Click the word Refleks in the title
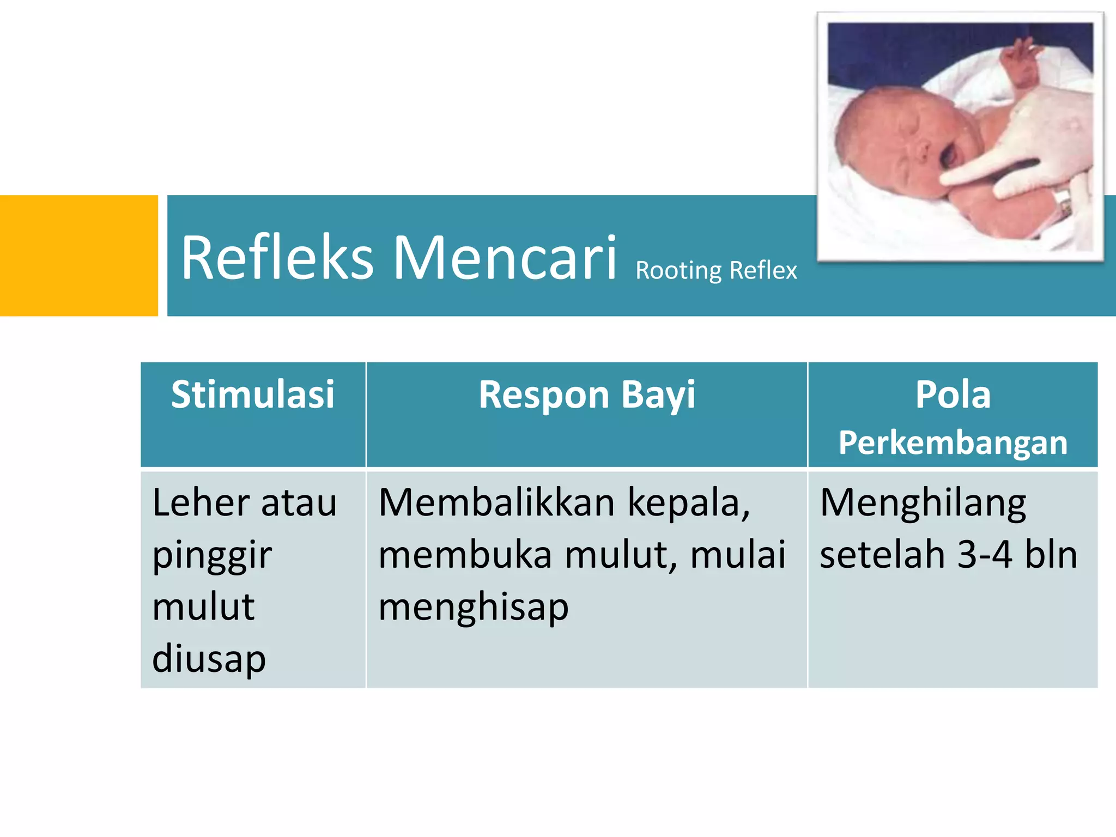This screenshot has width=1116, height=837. tap(277, 257)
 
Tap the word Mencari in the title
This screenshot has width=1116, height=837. tap(505, 257)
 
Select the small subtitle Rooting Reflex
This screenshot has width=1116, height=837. tap(716, 270)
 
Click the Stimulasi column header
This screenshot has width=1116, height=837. tap(253, 394)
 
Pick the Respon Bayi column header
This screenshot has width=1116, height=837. tap(587, 394)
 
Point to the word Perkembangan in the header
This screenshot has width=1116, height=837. tap(953, 442)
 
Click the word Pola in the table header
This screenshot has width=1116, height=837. tap(953, 394)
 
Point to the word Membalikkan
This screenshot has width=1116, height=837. tap(496, 502)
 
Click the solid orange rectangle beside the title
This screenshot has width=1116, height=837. tap(78, 256)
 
